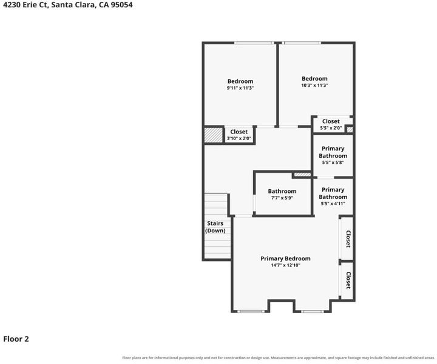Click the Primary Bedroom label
pyautogui.click(x=285, y=258)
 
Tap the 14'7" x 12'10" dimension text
pyautogui.click(x=285, y=265)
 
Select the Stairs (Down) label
pyautogui.click(x=215, y=227)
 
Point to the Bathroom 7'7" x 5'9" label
pyautogui.click(x=282, y=194)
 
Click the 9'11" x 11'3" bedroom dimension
pyautogui.click(x=240, y=88)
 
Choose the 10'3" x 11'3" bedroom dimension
pyautogui.click(x=314, y=85)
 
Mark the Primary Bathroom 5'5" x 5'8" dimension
pyautogui.click(x=333, y=163)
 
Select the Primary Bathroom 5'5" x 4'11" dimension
pyautogui.click(x=333, y=204)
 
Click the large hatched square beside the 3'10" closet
pyautogui.click(x=214, y=135)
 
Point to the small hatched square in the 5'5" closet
pyautogui.click(x=350, y=129)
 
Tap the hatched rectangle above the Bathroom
pyautogui.click(x=302, y=175)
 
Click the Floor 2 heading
pyautogui.click(x=16, y=339)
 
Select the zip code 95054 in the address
pyautogui.click(x=121, y=5)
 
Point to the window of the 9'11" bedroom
pyautogui.click(x=254, y=43)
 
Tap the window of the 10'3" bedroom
pyautogui.click(x=301, y=43)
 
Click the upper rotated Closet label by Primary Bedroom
pyautogui.click(x=348, y=238)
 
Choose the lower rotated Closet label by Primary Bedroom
pyautogui.click(x=348, y=280)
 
